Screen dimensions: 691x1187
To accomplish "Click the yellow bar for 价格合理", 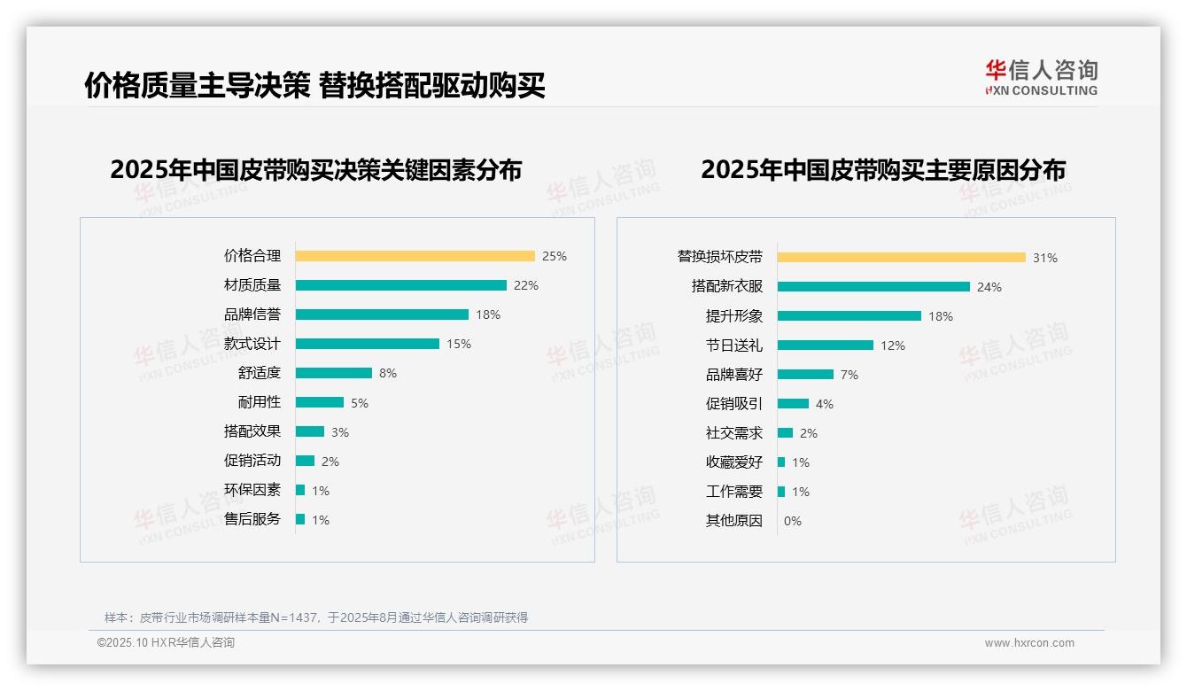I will coord(415,256).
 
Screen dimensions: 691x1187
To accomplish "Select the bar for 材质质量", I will coord(400,285).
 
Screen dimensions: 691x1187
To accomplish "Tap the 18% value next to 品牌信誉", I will coord(488,314).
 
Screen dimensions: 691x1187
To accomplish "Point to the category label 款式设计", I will coord(252,344).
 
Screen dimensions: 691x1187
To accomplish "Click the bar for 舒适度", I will coord(333,373).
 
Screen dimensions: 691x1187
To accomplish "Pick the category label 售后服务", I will coord(252,519).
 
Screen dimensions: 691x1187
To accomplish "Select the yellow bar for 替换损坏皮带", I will coord(901,258).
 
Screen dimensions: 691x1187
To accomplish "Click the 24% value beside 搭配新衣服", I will coord(989,287).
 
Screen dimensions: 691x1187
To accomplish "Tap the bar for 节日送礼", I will coord(825,345).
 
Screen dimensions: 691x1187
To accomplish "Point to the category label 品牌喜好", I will coord(733,375).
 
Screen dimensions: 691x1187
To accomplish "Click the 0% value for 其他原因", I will coord(793,521).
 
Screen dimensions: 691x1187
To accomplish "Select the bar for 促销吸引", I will coord(793,404).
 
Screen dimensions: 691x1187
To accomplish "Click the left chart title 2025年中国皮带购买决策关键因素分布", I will coord(315,169).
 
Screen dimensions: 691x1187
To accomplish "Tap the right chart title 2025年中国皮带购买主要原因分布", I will coord(882,169).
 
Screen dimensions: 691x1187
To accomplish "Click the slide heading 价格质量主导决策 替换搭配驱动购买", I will coord(314,85).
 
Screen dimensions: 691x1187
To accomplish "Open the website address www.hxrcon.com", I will coord(1029,643).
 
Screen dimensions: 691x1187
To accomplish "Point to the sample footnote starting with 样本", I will coord(316,617).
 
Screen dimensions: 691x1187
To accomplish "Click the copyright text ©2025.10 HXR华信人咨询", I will coord(166,643).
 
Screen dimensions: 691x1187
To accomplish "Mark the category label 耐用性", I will coord(259,402).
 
